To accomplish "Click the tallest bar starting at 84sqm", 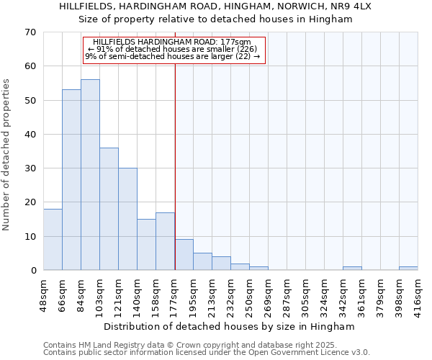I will click(x=90, y=175).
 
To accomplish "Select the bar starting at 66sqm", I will click(x=71, y=180).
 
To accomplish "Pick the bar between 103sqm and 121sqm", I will click(x=109, y=209).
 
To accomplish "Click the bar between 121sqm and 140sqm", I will click(x=127, y=219).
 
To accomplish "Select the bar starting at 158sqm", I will click(x=165, y=241).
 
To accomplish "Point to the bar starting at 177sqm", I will click(x=184, y=255).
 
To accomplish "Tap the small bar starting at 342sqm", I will click(x=352, y=269).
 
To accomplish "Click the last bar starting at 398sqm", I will click(x=408, y=269).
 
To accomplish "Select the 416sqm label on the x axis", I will click(x=418, y=294).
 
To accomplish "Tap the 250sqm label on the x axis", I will click(x=250, y=294).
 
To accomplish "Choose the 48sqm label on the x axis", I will click(x=44, y=294).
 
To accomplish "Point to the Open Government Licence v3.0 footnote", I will click(x=207, y=353).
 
